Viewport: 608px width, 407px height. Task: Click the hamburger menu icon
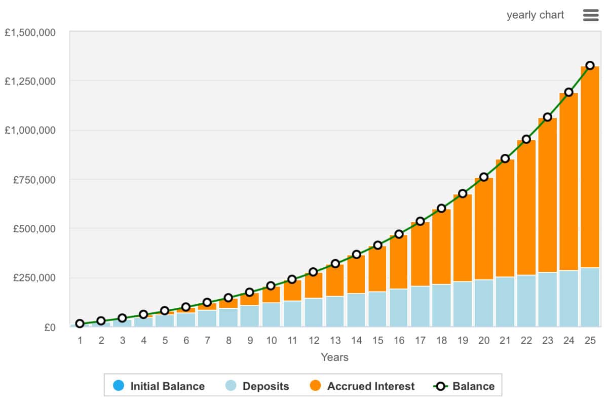(591, 15)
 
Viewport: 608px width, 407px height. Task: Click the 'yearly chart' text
(535, 15)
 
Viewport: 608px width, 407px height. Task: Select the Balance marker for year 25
(590, 65)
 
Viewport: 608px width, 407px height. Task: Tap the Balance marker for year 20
(484, 177)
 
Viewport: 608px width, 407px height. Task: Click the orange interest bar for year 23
(547, 195)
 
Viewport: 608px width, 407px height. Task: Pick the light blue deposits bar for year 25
(590, 297)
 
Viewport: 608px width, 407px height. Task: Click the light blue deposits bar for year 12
(314, 312)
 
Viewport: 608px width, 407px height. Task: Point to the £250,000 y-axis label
(37, 278)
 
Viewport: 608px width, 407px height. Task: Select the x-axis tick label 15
(377, 340)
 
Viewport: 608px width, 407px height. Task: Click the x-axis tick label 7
(207, 340)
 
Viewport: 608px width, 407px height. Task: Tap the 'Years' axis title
(334, 357)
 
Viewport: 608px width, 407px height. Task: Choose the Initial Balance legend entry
(159, 386)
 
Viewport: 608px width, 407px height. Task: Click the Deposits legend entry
(257, 386)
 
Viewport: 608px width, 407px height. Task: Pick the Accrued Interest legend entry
(362, 386)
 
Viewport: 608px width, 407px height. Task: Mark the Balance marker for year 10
(271, 286)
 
